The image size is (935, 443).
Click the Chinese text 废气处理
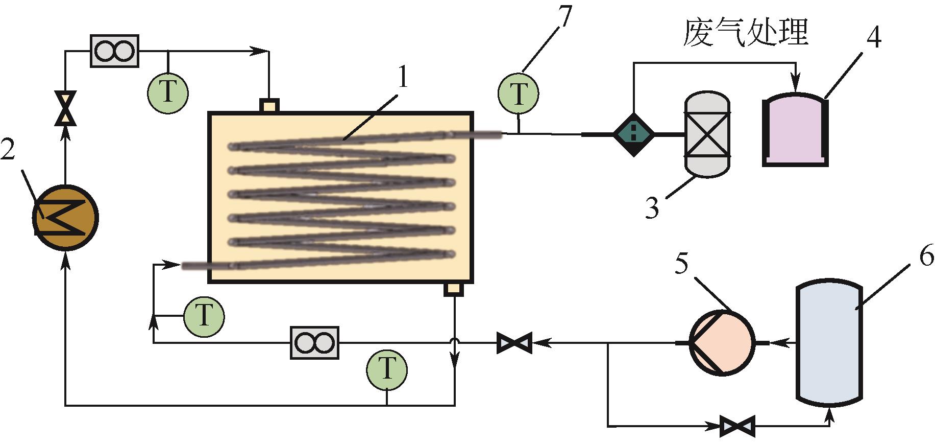pos(746,32)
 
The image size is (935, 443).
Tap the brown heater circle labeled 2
pos(65,218)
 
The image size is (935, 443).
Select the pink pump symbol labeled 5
pos(721,343)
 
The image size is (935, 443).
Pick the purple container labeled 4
pos(795,130)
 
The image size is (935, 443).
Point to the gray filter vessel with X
pos(707,134)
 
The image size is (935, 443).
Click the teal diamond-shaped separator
pos(633,134)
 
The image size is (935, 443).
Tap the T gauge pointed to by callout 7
pos(519,93)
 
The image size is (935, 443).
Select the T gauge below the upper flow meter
pos(168,92)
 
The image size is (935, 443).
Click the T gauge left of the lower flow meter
pos(204,316)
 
